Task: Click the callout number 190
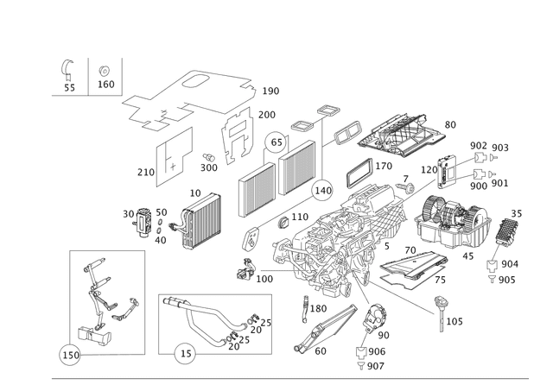pos(270,91)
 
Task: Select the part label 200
pos(266,115)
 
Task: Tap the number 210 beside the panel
pos(146,173)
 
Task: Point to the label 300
pos(208,167)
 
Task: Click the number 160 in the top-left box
pos(105,85)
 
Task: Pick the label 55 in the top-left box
pos(69,87)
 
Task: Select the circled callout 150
pos(71,354)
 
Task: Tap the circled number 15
pos(185,353)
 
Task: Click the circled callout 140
pos(323,190)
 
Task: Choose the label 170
pos(384,165)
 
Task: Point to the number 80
pos(449,125)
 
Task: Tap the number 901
pos(500,183)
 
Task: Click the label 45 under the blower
pos(468,255)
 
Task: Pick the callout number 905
pos(506,281)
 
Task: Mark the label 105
pos(454,321)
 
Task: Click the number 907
pos(375,367)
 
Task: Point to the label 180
pos(318,308)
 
